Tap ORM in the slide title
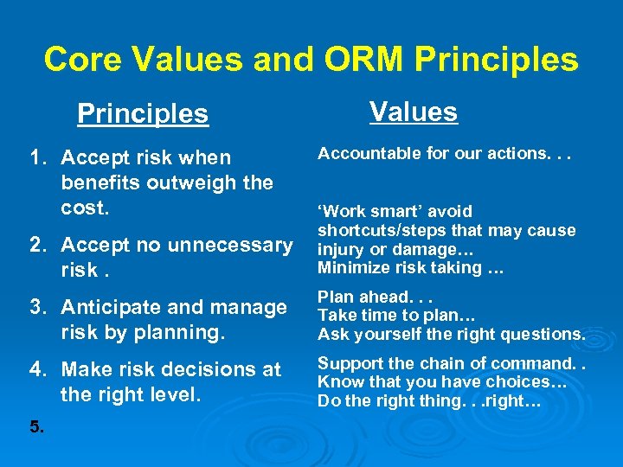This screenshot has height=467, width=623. pyautogui.click(x=364, y=59)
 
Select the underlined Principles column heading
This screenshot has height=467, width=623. pyautogui.click(x=143, y=113)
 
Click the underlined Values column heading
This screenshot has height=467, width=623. pyautogui.click(x=413, y=112)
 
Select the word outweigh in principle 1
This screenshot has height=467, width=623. pyautogui.click(x=177, y=183)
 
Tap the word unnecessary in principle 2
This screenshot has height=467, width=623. pyautogui.click(x=228, y=246)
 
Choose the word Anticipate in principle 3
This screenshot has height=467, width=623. pyautogui.click(x=112, y=307)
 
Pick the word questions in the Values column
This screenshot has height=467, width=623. pyautogui.click(x=543, y=334)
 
